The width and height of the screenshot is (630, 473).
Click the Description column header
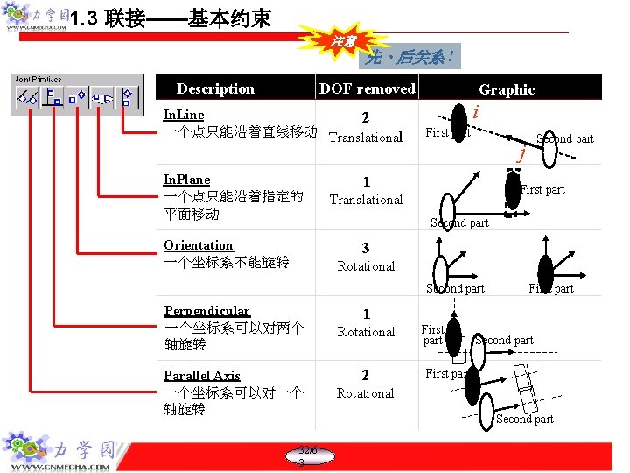coord(215,88)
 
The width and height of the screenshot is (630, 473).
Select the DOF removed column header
coord(367,88)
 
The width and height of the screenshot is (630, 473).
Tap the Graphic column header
coord(507,89)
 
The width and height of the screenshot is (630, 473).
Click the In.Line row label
coord(184,115)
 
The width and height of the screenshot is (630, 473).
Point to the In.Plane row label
coord(187,180)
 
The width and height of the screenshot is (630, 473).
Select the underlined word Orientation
coord(199,245)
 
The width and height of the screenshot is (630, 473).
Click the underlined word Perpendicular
coord(207,311)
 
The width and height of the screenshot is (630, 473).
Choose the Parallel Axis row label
coord(202,376)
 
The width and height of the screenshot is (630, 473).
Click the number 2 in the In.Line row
coord(366,118)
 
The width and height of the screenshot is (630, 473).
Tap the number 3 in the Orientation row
coord(366,248)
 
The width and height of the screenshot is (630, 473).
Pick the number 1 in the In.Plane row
coord(366,181)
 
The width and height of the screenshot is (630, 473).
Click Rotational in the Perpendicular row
coord(366,332)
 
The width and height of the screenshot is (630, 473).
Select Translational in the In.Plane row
coord(366,200)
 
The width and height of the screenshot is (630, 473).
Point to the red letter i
coord(475,112)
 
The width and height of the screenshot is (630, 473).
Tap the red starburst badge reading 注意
coord(343,41)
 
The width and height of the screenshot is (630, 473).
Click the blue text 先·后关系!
coord(410,58)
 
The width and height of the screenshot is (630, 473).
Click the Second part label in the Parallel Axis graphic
coord(525,419)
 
